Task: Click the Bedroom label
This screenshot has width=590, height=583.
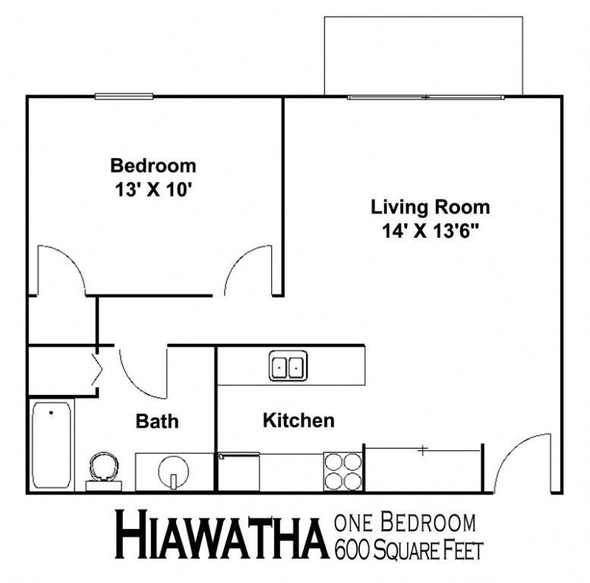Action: pyautogui.click(x=153, y=165)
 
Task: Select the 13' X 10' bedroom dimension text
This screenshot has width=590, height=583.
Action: pyautogui.click(x=153, y=189)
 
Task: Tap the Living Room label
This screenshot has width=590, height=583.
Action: pyautogui.click(x=430, y=206)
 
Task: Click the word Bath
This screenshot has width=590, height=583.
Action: pyautogui.click(x=157, y=421)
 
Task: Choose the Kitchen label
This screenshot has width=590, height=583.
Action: pyautogui.click(x=298, y=421)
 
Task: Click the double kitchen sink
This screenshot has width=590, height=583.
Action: pyautogui.click(x=288, y=367)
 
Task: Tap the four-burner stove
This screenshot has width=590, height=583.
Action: pyautogui.click(x=343, y=472)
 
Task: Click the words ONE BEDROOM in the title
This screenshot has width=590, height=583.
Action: pyautogui.click(x=405, y=524)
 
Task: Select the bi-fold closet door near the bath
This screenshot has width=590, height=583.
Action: pyautogui.click(x=98, y=369)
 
